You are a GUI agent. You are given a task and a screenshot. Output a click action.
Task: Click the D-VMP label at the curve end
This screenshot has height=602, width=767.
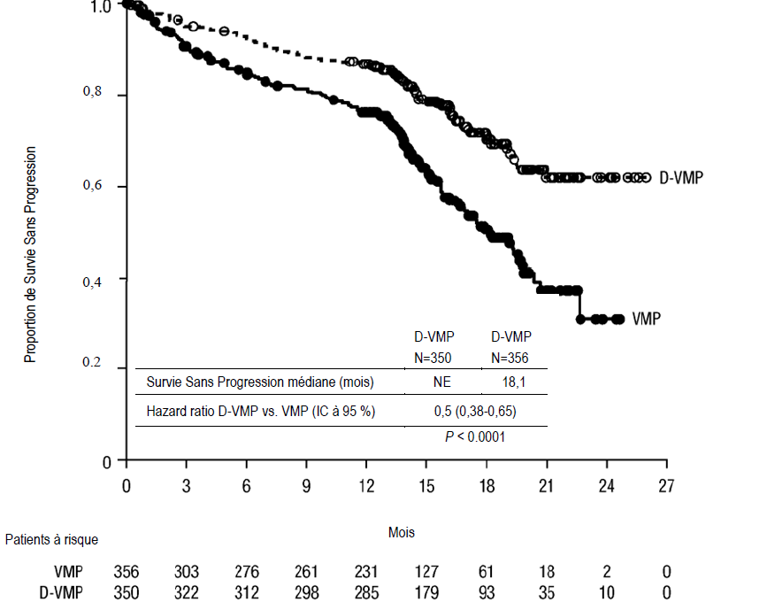click(681, 178)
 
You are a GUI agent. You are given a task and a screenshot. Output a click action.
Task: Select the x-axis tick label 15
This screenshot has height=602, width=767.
click(427, 486)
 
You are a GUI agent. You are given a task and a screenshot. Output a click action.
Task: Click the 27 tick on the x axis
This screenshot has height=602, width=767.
click(666, 486)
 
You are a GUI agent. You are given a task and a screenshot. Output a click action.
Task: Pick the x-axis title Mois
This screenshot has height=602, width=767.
click(401, 532)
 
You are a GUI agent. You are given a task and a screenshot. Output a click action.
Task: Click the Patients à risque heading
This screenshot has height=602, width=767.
click(51, 538)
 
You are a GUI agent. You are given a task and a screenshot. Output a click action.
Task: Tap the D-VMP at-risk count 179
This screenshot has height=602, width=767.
click(427, 591)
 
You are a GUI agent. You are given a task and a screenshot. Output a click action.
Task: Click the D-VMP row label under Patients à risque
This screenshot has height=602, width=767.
click(67, 591)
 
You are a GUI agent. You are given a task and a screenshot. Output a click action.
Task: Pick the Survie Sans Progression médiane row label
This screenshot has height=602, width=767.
click(259, 382)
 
